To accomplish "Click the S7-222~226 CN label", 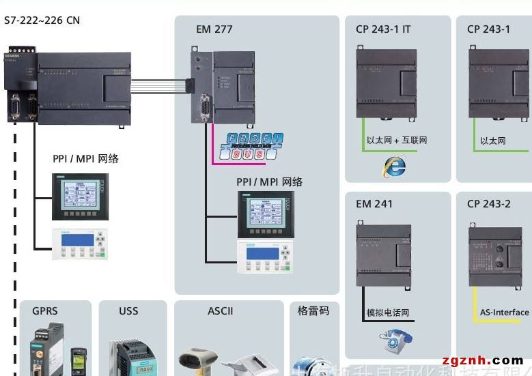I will point(42,20).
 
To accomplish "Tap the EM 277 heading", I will point(214,29).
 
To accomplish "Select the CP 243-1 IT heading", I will point(382,29).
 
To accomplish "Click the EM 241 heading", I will point(374,203).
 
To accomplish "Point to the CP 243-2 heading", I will point(488,203).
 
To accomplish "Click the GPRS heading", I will point(45,310).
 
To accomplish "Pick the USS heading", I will point(128,310).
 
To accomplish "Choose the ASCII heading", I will point(221,310).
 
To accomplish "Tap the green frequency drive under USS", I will point(132,356).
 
